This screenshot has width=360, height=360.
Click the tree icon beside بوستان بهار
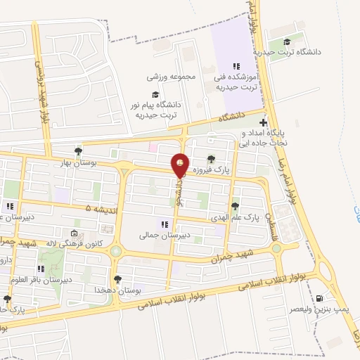click(x=78, y=150)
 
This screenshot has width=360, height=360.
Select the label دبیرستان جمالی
click(x=164, y=236)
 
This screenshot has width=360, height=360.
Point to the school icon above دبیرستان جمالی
click(x=164, y=225)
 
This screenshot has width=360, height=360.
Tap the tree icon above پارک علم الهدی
click(x=235, y=206)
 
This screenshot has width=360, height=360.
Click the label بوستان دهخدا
click(x=117, y=290)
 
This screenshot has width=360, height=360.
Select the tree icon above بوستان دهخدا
click(x=117, y=279)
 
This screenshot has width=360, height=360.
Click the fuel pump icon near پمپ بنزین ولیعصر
click(x=321, y=298)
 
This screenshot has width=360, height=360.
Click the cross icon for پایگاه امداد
click(x=263, y=122)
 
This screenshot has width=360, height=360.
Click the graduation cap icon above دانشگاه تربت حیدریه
click(x=286, y=42)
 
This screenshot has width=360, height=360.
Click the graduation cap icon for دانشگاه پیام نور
click(x=154, y=94)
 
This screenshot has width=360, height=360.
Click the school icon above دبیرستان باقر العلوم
click(x=42, y=268)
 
